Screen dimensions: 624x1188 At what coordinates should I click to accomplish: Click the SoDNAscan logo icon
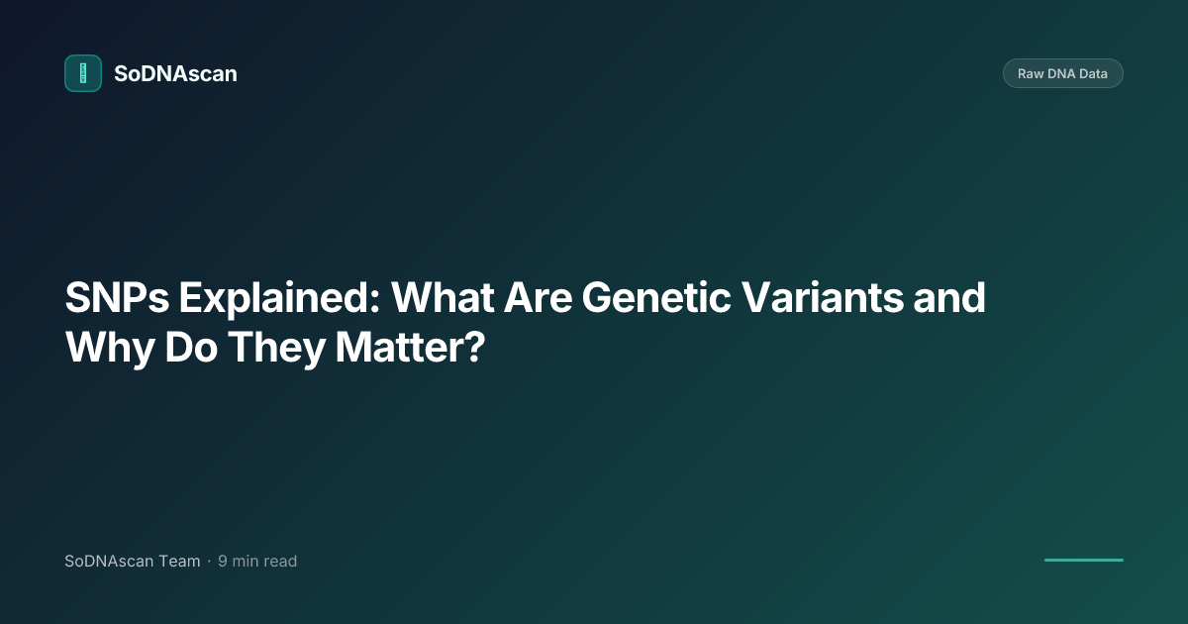pyautogui.click(x=83, y=73)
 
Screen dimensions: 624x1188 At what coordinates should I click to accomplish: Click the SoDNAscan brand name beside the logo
pyautogui.click(x=175, y=73)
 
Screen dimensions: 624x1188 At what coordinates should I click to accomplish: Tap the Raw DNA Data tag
pyautogui.click(x=1062, y=73)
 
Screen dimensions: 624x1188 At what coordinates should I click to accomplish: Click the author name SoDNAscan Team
pyautogui.click(x=132, y=562)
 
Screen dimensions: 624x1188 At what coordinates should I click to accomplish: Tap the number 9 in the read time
pyautogui.click(x=223, y=562)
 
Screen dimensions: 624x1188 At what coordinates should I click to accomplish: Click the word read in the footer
pyautogui.click(x=280, y=562)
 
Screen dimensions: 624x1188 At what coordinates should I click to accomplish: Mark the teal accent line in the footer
pyautogui.click(x=1083, y=561)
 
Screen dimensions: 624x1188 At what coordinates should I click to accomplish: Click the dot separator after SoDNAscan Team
pyautogui.click(x=209, y=562)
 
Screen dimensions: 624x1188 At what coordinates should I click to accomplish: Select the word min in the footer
pyautogui.click(x=246, y=562)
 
